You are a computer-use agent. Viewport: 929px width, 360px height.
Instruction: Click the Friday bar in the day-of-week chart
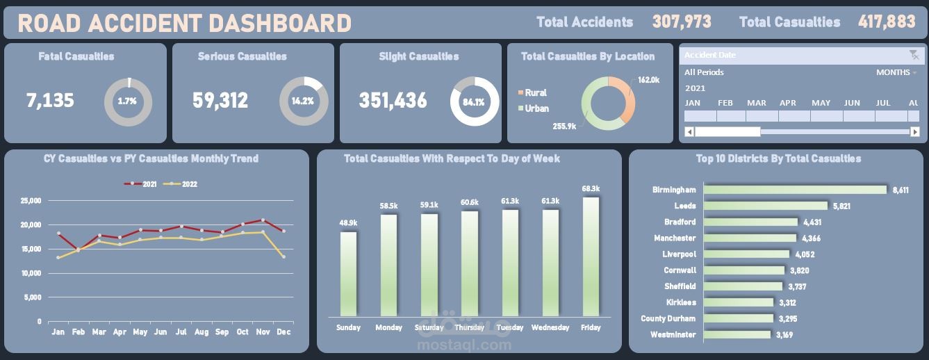tap(591, 257)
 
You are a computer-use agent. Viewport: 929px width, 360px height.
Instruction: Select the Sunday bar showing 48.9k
tap(348, 275)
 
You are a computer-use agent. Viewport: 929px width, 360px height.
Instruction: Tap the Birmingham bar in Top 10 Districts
tap(795, 190)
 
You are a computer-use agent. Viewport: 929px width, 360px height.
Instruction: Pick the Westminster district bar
tap(737, 335)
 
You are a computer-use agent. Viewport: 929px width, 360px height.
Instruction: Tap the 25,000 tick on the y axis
tap(30, 201)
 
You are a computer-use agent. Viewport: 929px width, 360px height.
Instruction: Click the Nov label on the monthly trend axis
tap(263, 332)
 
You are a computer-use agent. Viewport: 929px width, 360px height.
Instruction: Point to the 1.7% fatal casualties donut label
tap(127, 101)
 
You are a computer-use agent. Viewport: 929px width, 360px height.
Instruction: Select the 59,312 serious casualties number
tap(220, 101)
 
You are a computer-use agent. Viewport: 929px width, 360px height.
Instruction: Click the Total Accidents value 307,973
tap(682, 22)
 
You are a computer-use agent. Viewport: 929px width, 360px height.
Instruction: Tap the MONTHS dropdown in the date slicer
tap(896, 72)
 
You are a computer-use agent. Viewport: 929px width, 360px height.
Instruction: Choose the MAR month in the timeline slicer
tap(757, 115)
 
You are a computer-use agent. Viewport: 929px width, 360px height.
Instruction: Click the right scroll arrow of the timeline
tap(915, 132)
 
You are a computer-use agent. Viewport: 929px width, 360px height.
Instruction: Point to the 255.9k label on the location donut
tap(564, 126)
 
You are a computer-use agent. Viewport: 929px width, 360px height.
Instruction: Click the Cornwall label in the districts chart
tap(680, 270)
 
